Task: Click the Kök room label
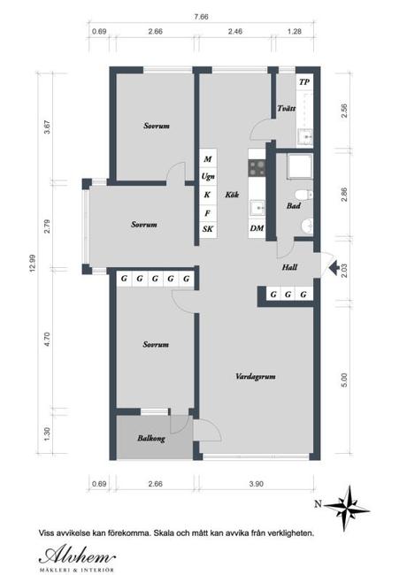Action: click(232, 195)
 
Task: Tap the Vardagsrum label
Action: click(257, 376)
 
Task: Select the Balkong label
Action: click(150, 437)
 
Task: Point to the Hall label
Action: click(289, 266)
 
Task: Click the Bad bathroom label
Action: click(294, 206)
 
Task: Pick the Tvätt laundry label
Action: click(285, 109)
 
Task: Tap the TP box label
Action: click(304, 82)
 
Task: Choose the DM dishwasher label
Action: click(257, 228)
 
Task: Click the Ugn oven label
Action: click(208, 177)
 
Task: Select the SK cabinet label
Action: click(208, 229)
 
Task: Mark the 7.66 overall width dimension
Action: click(203, 16)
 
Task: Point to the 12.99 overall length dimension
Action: click(33, 264)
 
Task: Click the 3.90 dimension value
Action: click(256, 483)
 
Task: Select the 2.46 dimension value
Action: click(234, 32)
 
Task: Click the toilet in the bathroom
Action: click(303, 194)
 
